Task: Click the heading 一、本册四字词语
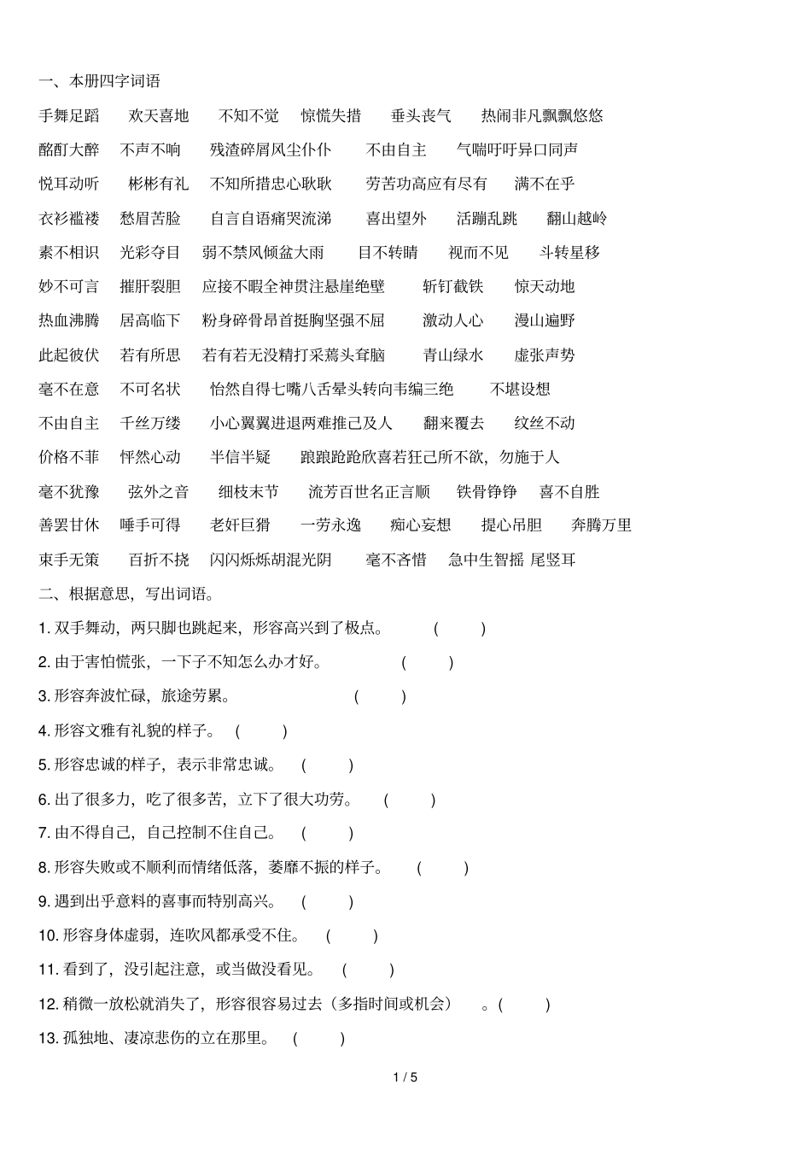click(x=99, y=81)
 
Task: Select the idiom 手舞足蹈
click(x=69, y=115)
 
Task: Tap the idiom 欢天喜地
click(x=159, y=115)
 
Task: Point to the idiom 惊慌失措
click(x=331, y=115)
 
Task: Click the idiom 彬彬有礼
click(x=159, y=184)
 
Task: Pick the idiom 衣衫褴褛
click(x=69, y=218)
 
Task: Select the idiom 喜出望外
click(x=396, y=218)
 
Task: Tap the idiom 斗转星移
click(x=569, y=252)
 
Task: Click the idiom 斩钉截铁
click(x=453, y=286)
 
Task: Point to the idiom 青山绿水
click(x=453, y=355)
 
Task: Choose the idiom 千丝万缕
click(x=150, y=423)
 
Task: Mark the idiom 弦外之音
click(x=159, y=491)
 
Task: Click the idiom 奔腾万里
click(x=602, y=525)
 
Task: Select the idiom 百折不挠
click(x=159, y=560)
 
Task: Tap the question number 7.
click(x=44, y=833)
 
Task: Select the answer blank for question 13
click(x=318, y=1038)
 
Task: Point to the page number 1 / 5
click(x=405, y=1077)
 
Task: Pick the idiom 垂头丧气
click(x=421, y=115)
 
